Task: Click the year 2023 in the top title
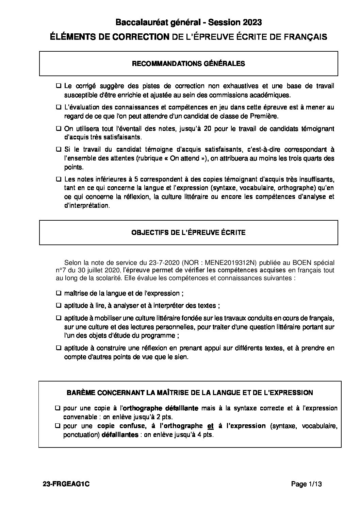pyautogui.click(x=252, y=23)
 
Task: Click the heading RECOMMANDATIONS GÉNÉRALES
pyautogui.click(x=189, y=64)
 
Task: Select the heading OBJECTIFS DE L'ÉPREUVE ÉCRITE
pyautogui.click(x=189, y=233)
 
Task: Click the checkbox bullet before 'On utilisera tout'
pyautogui.click(x=59, y=129)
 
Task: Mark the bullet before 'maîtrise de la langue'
pyautogui.click(x=59, y=293)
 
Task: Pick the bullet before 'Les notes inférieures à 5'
pyautogui.click(x=59, y=179)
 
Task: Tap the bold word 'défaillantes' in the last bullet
pyautogui.click(x=120, y=435)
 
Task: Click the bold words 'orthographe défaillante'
pyautogui.click(x=160, y=408)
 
